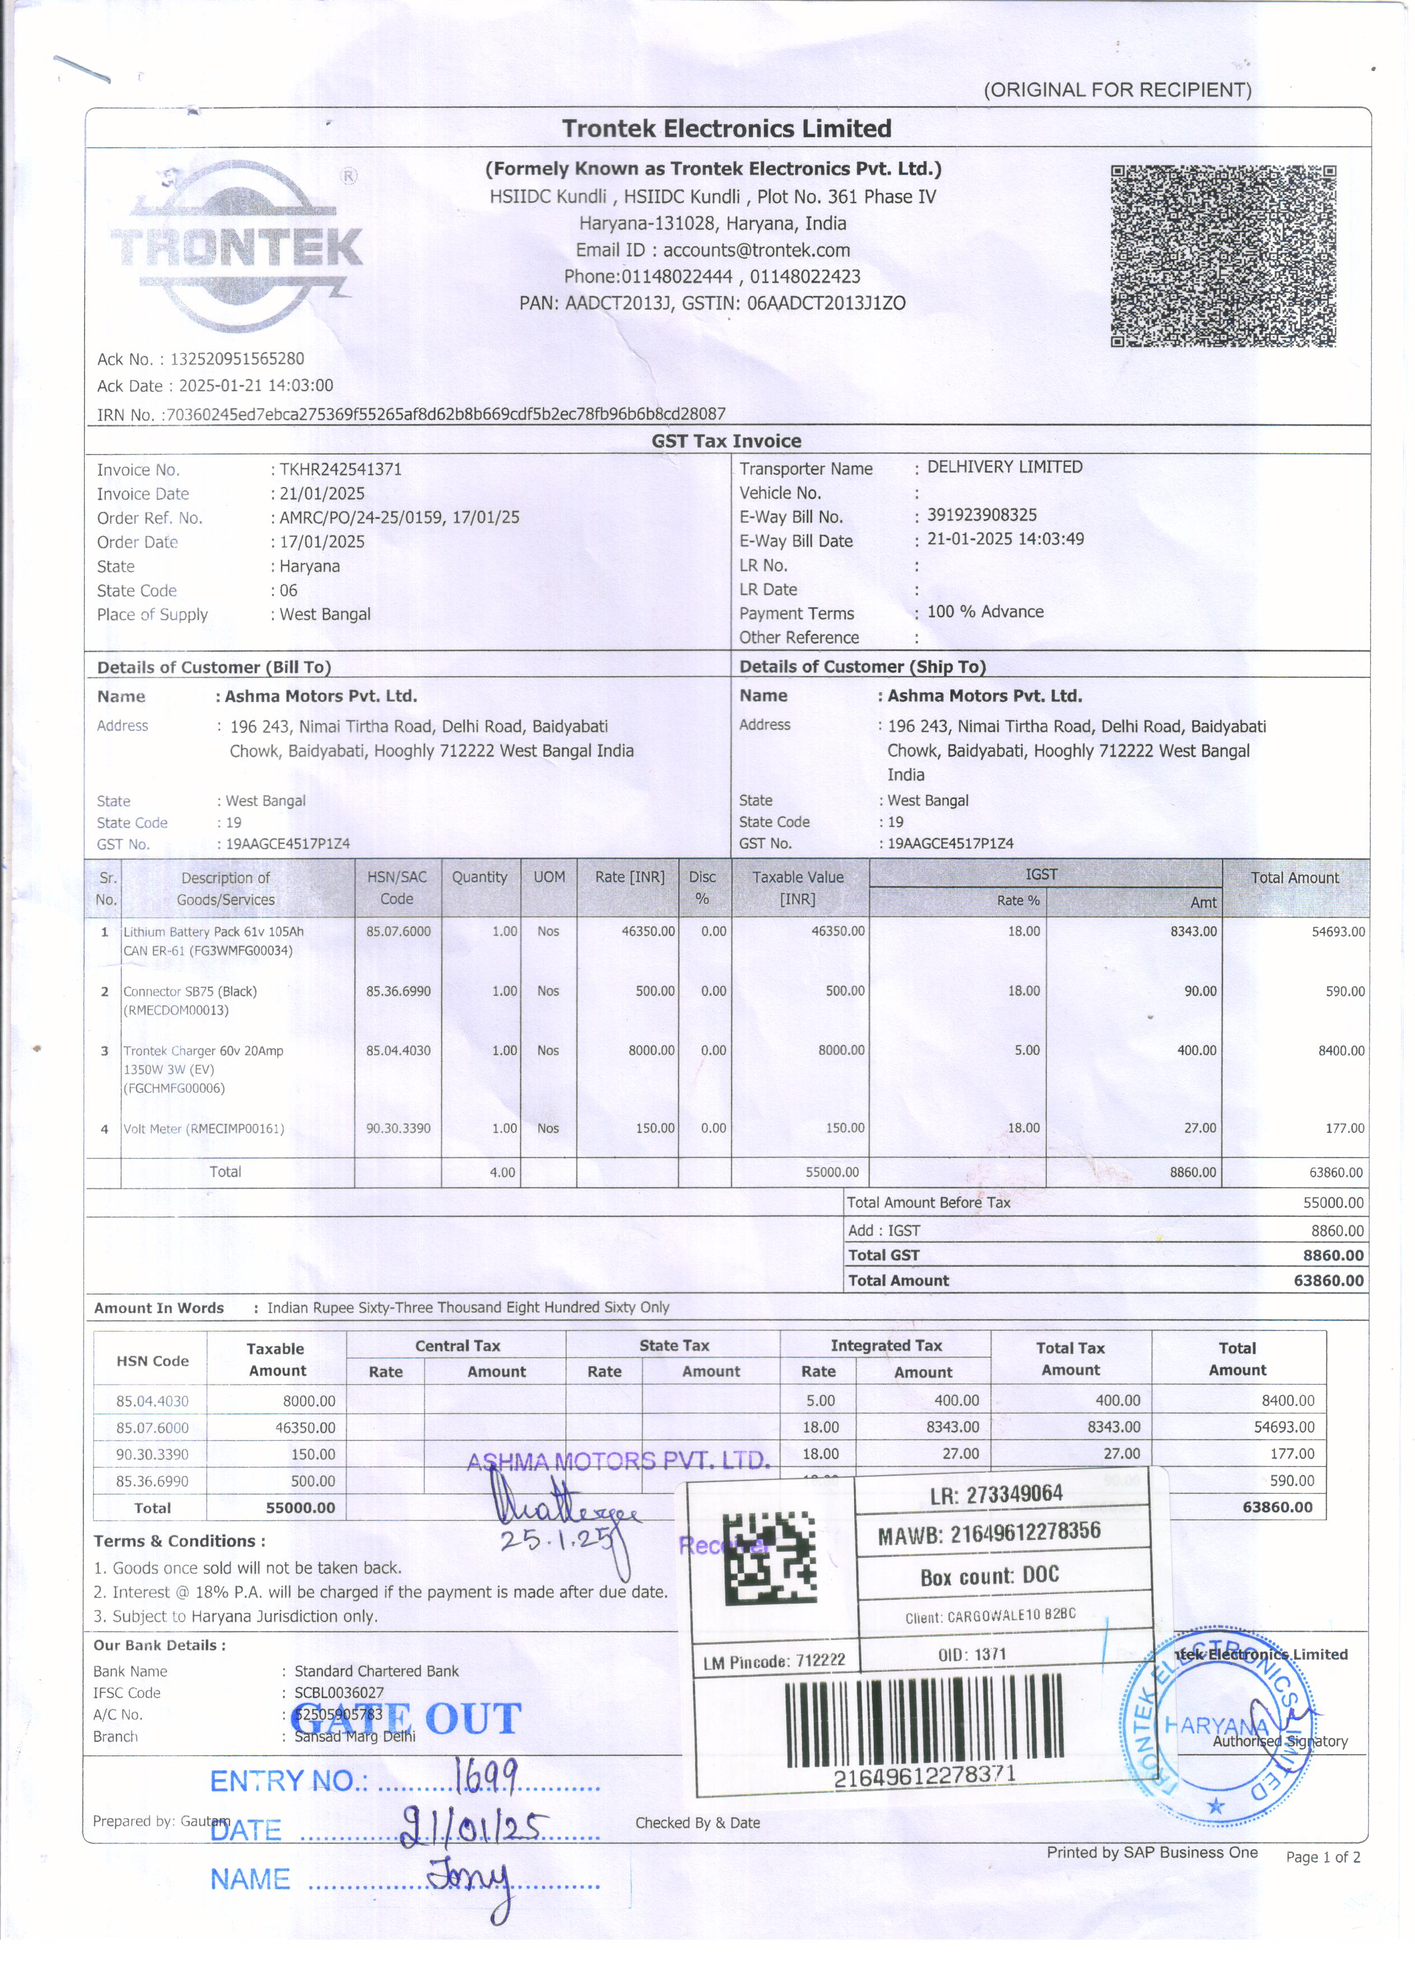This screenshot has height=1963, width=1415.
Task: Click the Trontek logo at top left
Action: pos(236,245)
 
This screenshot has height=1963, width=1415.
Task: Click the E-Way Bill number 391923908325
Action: pos(981,515)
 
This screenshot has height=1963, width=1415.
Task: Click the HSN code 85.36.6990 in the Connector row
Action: pos(397,991)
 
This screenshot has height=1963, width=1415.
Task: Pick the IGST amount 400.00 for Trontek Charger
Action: pos(1196,1051)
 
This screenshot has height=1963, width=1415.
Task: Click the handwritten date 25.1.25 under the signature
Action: pos(556,1540)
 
